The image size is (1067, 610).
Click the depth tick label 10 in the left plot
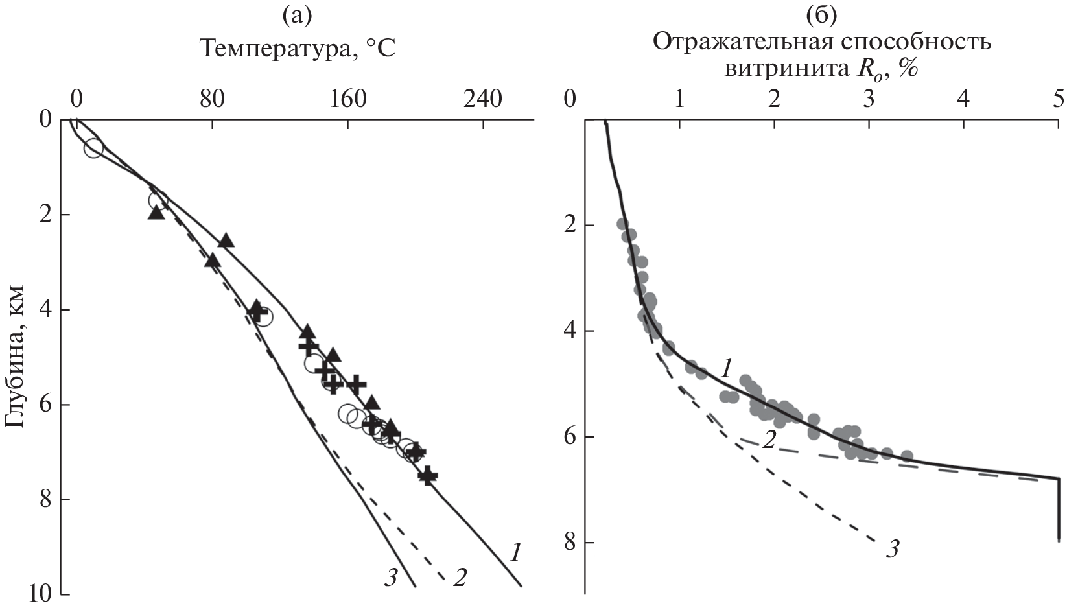pyautogui.click(x=45, y=594)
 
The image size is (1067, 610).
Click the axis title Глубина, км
pyautogui.click(x=14, y=356)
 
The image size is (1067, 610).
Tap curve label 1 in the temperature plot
pyautogui.click(x=517, y=552)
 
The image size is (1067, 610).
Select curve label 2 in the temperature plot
pyautogui.click(x=460, y=577)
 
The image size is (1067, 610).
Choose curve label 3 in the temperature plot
pyautogui.click(x=390, y=577)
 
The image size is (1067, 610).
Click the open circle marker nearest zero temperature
pyautogui.click(x=93, y=148)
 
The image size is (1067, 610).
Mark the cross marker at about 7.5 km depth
pyautogui.click(x=427, y=476)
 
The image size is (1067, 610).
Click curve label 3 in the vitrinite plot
pyautogui.click(x=893, y=550)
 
